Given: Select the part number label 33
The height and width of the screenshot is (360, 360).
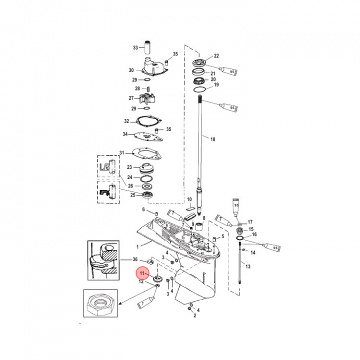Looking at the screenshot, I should pos(135,48).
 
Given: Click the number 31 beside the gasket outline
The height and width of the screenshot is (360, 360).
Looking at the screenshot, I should pos(121,152).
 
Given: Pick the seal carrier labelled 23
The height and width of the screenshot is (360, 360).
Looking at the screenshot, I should pos(149,168).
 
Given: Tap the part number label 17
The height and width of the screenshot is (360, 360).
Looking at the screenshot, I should pos(250,221).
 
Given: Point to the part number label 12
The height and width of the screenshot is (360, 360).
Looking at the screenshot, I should pos(141,282).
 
